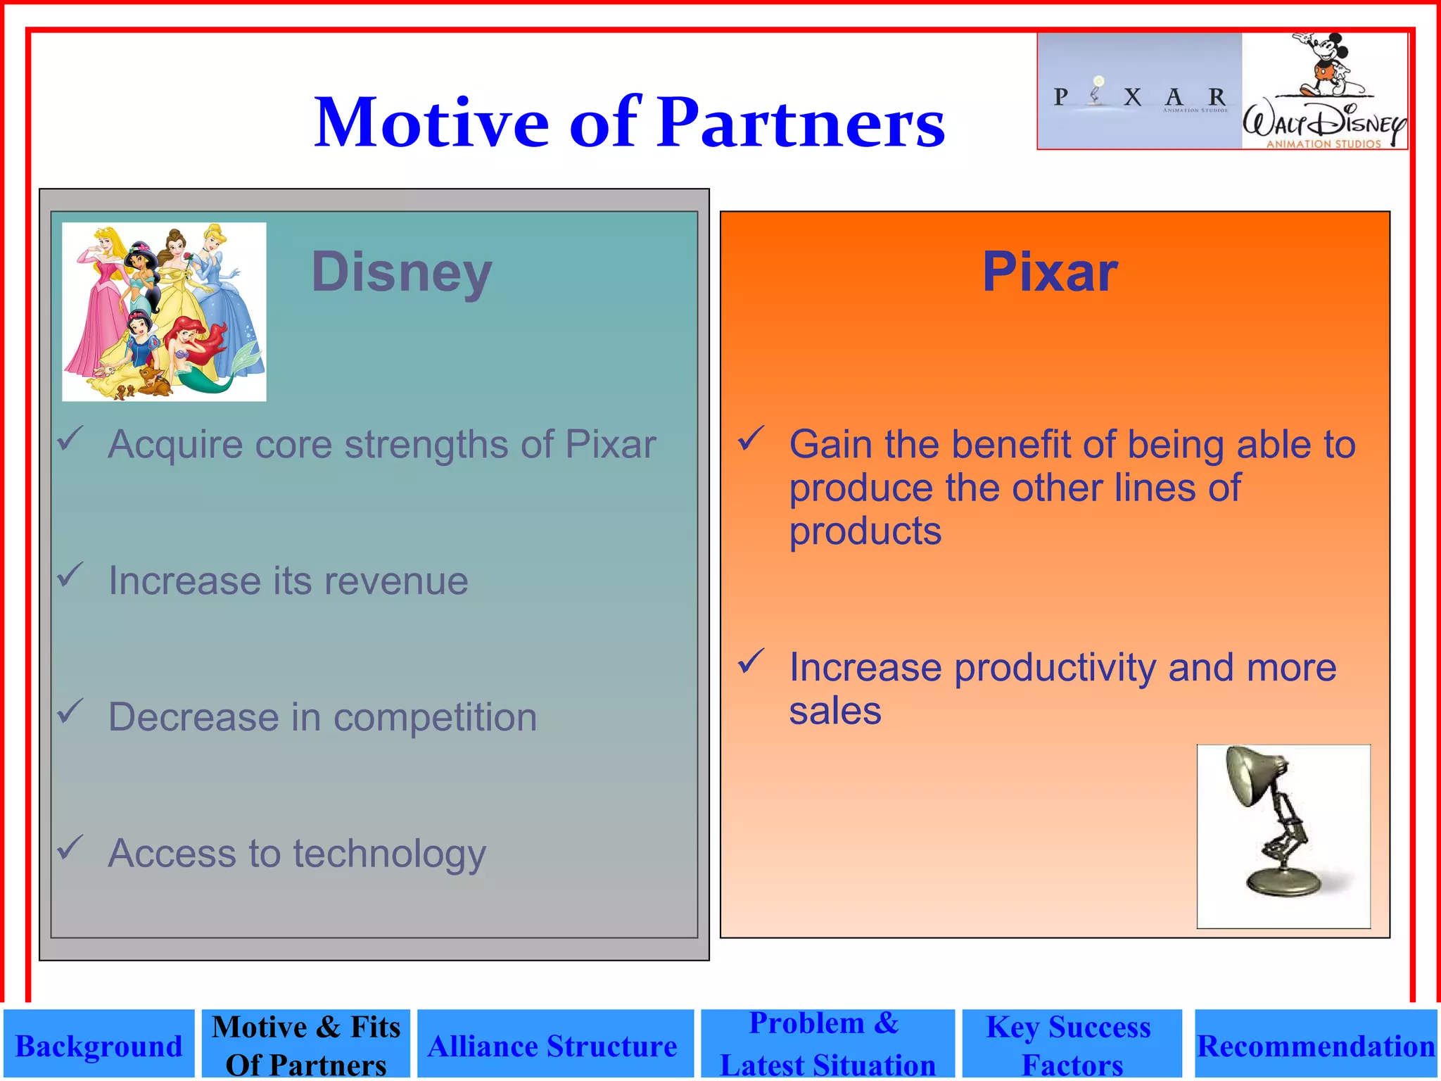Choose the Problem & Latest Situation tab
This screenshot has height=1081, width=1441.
pyautogui.click(x=827, y=1044)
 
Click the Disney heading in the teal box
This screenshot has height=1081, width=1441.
pyautogui.click(x=402, y=272)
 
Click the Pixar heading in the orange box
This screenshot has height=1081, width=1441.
pyautogui.click(x=1050, y=272)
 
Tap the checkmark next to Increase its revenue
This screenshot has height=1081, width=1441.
pyautogui.click(x=71, y=575)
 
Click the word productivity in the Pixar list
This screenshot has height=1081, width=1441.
pyautogui.click(x=1055, y=668)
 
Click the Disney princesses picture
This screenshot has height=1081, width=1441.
pyautogui.click(x=164, y=312)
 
